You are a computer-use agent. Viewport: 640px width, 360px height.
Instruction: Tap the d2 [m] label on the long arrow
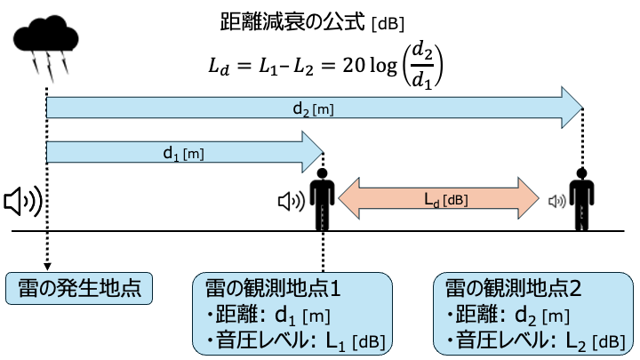click(313, 108)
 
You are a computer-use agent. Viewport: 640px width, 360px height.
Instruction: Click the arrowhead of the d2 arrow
click(570, 108)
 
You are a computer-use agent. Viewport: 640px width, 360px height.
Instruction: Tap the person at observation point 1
click(322, 200)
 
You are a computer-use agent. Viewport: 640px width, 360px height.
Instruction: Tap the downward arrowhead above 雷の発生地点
click(45, 265)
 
